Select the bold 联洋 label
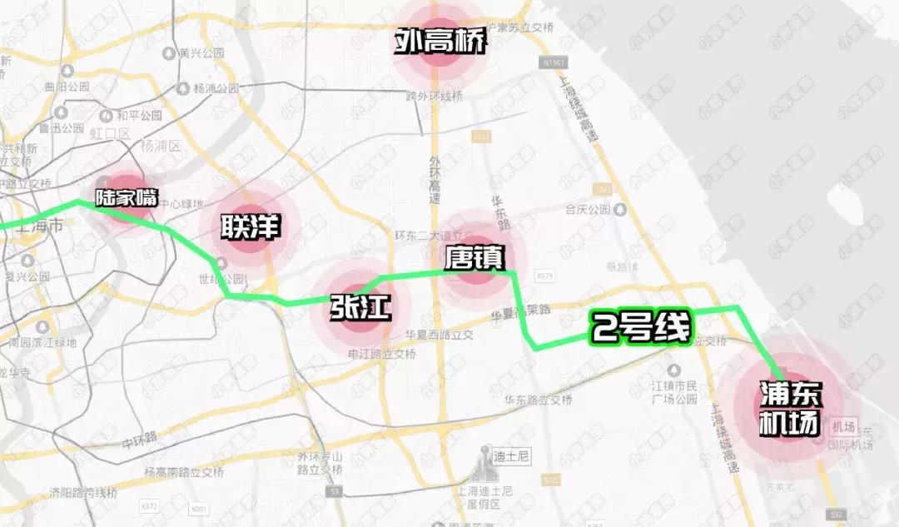pos(248,227)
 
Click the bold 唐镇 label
pos(474,256)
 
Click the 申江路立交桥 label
pos(381,354)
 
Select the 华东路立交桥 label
pos(538,400)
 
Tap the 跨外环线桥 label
pos(433,97)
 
